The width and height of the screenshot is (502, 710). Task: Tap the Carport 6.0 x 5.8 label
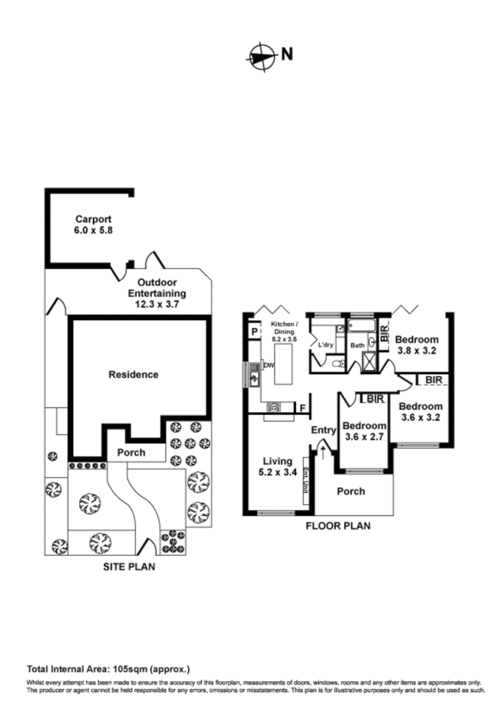tap(93, 225)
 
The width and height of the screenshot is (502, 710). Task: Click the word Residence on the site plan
tap(133, 375)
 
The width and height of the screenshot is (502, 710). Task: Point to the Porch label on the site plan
tap(132, 452)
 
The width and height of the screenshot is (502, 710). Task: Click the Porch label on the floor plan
tap(350, 491)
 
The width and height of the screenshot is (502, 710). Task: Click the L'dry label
tap(325, 344)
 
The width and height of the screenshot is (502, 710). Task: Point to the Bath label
tap(357, 345)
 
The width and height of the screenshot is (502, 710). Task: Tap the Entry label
tap(324, 430)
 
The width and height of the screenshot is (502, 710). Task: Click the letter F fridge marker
tap(302, 408)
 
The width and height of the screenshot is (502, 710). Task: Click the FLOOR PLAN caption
tap(338, 526)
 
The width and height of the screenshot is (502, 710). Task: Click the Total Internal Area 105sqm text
tap(108, 670)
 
